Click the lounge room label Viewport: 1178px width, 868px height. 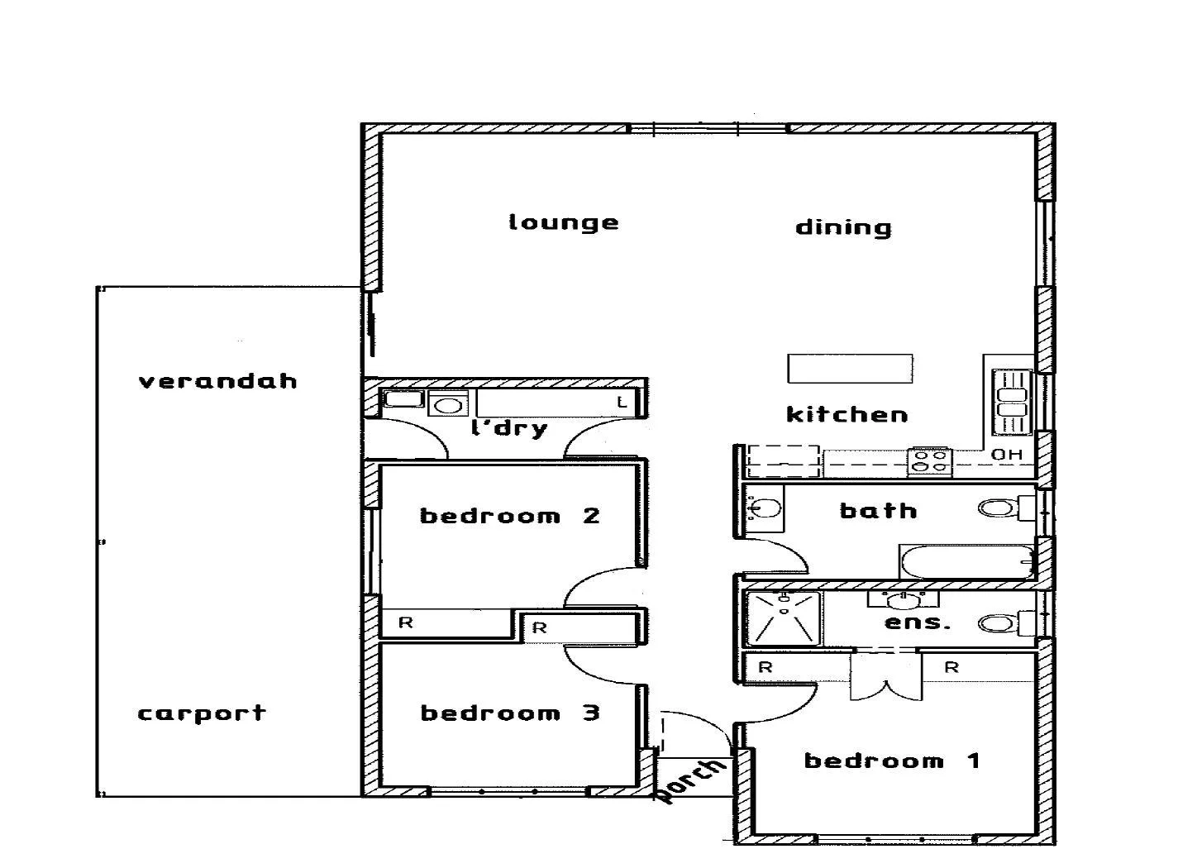563,222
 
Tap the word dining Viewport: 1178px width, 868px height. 843,228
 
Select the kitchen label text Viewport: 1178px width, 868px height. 847,414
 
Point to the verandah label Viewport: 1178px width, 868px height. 217,381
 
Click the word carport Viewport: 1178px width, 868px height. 202,713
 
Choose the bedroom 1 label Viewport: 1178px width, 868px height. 892,761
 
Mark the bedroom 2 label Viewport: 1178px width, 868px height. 509,516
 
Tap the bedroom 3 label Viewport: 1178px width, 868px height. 509,713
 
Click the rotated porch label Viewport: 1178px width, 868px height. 691,780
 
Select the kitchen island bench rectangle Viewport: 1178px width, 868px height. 850,369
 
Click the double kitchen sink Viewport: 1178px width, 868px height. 1012,402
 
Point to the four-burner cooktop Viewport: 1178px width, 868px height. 930,461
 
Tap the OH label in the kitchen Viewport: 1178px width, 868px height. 1006,455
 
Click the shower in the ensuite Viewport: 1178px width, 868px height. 782,618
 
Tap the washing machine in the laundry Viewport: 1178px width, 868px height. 447,404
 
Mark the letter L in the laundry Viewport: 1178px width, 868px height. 622,403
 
